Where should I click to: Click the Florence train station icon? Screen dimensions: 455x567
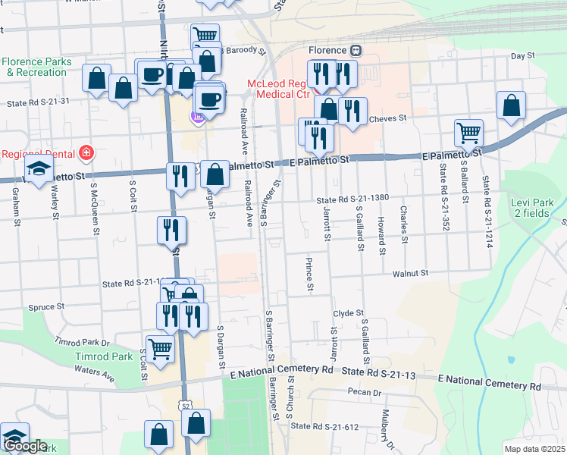tap(356, 51)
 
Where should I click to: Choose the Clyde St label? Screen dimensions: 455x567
tap(349, 312)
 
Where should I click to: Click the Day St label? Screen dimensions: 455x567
tap(522, 56)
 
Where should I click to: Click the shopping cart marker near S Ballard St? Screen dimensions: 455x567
tap(469, 133)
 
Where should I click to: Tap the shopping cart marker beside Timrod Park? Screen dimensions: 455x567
tap(160, 350)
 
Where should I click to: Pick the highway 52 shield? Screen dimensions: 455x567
tap(185, 407)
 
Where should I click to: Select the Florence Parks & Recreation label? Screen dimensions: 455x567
tap(36, 67)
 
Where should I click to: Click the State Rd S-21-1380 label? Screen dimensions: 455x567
tap(352, 198)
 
